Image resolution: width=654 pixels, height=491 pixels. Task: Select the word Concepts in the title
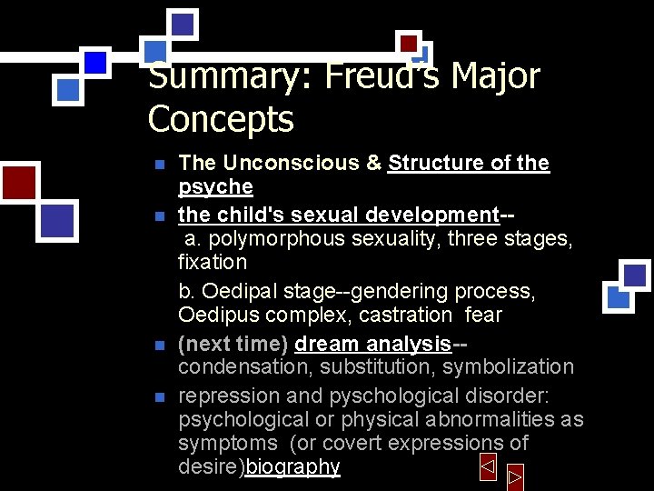pyautogui.click(x=221, y=119)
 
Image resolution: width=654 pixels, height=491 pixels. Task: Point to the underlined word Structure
pyautogui.click(x=437, y=164)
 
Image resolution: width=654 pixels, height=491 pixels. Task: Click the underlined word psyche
pyautogui.click(x=215, y=187)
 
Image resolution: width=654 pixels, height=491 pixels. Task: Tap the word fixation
pyautogui.click(x=213, y=263)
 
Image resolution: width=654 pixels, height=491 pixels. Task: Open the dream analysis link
pyautogui.click(x=372, y=344)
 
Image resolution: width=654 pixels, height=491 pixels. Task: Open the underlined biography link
pyautogui.click(x=292, y=467)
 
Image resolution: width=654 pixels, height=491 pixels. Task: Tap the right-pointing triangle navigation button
pyautogui.click(x=515, y=476)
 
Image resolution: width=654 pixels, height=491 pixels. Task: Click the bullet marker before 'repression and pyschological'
pyautogui.click(x=159, y=397)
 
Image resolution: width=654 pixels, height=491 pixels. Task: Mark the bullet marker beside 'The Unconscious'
pyautogui.click(x=159, y=165)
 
